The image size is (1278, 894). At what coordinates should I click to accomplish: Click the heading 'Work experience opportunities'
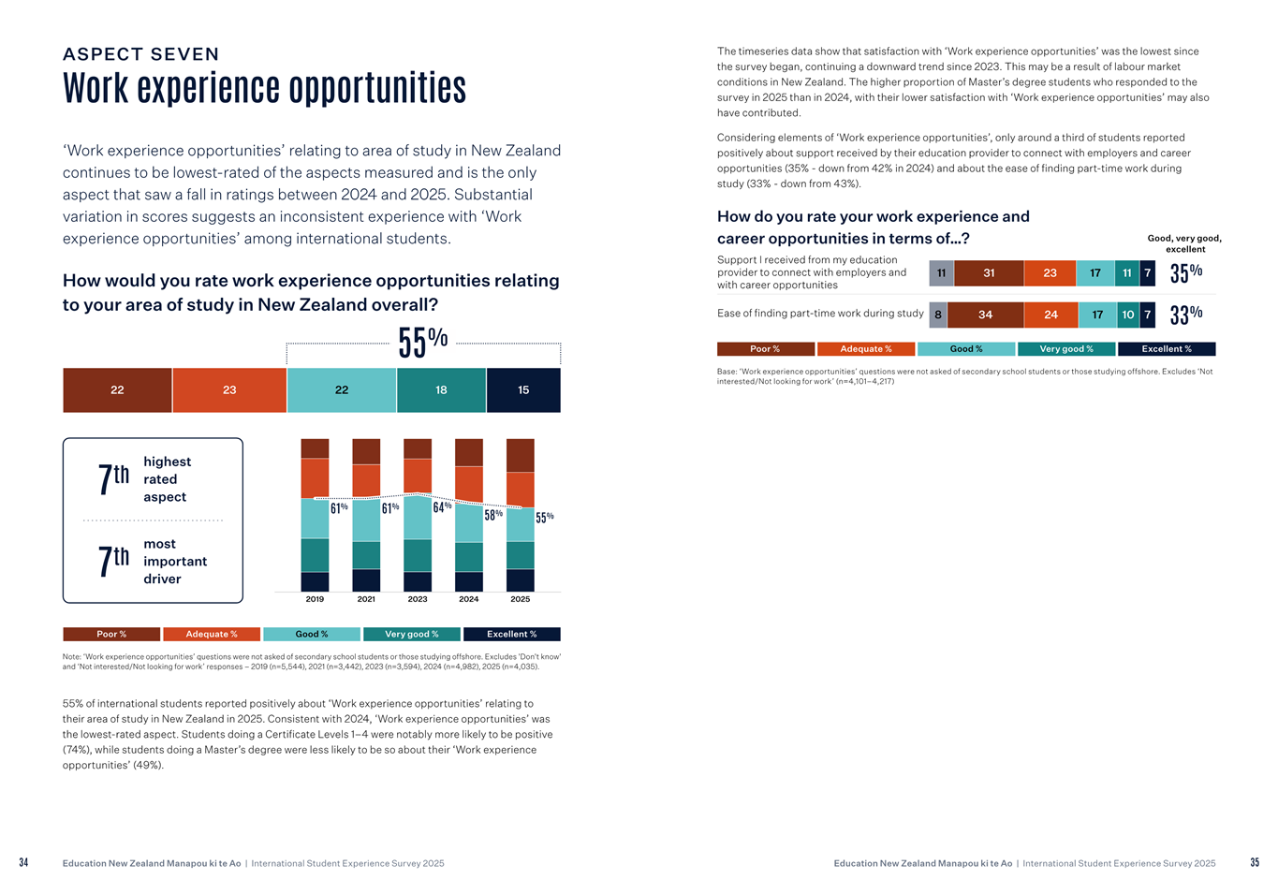click(x=264, y=88)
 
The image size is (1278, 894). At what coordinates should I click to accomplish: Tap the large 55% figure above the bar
click(x=422, y=343)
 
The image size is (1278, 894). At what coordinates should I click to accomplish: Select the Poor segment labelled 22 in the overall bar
click(x=117, y=390)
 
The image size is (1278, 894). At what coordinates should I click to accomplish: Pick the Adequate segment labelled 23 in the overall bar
click(x=229, y=390)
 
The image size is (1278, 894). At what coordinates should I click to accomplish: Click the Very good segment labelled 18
click(x=441, y=390)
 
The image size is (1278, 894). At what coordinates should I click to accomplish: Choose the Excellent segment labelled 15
click(x=523, y=390)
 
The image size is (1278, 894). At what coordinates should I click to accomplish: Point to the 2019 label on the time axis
click(x=315, y=599)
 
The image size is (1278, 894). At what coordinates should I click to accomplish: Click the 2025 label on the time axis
click(x=520, y=599)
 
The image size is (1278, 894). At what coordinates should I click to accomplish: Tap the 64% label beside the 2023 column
click(x=442, y=507)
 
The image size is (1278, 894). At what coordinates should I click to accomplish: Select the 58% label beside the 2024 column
click(x=493, y=515)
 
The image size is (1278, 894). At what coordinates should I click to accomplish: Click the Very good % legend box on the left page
click(x=411, y=635)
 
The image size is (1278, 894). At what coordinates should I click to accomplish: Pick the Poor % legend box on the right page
click(x=765, y=349)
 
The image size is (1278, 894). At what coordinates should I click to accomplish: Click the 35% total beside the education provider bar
click(x=1185, y=273)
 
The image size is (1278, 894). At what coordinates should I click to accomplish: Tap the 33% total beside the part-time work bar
click(x=1185, y=315)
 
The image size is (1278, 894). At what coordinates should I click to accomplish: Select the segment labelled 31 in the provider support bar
click(x=989, y=273)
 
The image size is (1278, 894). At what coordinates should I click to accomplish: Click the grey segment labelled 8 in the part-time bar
click(x=937, y=315)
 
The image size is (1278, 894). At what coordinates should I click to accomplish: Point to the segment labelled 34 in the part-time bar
click(x=985, y=315)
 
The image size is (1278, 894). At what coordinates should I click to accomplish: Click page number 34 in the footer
click(x=23, y=863)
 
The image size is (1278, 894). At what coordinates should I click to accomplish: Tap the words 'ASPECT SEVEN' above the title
click(x=140, y=54)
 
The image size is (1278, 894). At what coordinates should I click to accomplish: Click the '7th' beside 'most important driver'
click(x=113, y=561)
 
